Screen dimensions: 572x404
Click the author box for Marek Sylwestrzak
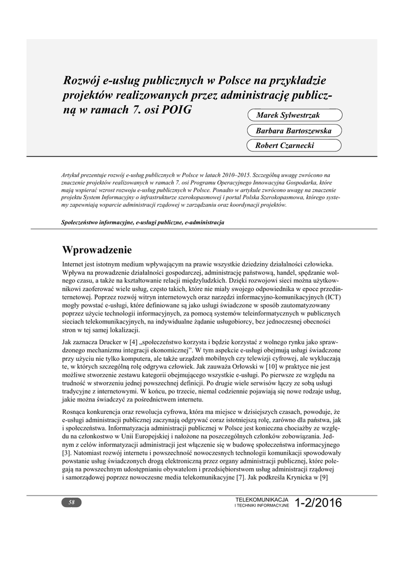point(294,115)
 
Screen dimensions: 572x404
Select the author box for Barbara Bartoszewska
point(294,131)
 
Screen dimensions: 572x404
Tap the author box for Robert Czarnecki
point(294,146)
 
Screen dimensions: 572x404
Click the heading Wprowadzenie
point(97,249)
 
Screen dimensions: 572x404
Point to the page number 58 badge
point(71,502)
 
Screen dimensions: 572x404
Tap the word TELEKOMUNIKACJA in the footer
point(262,498)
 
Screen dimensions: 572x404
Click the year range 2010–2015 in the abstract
point(235,175)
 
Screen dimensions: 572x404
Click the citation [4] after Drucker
point(133,341)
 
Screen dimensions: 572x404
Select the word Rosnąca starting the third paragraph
point(76,412)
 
